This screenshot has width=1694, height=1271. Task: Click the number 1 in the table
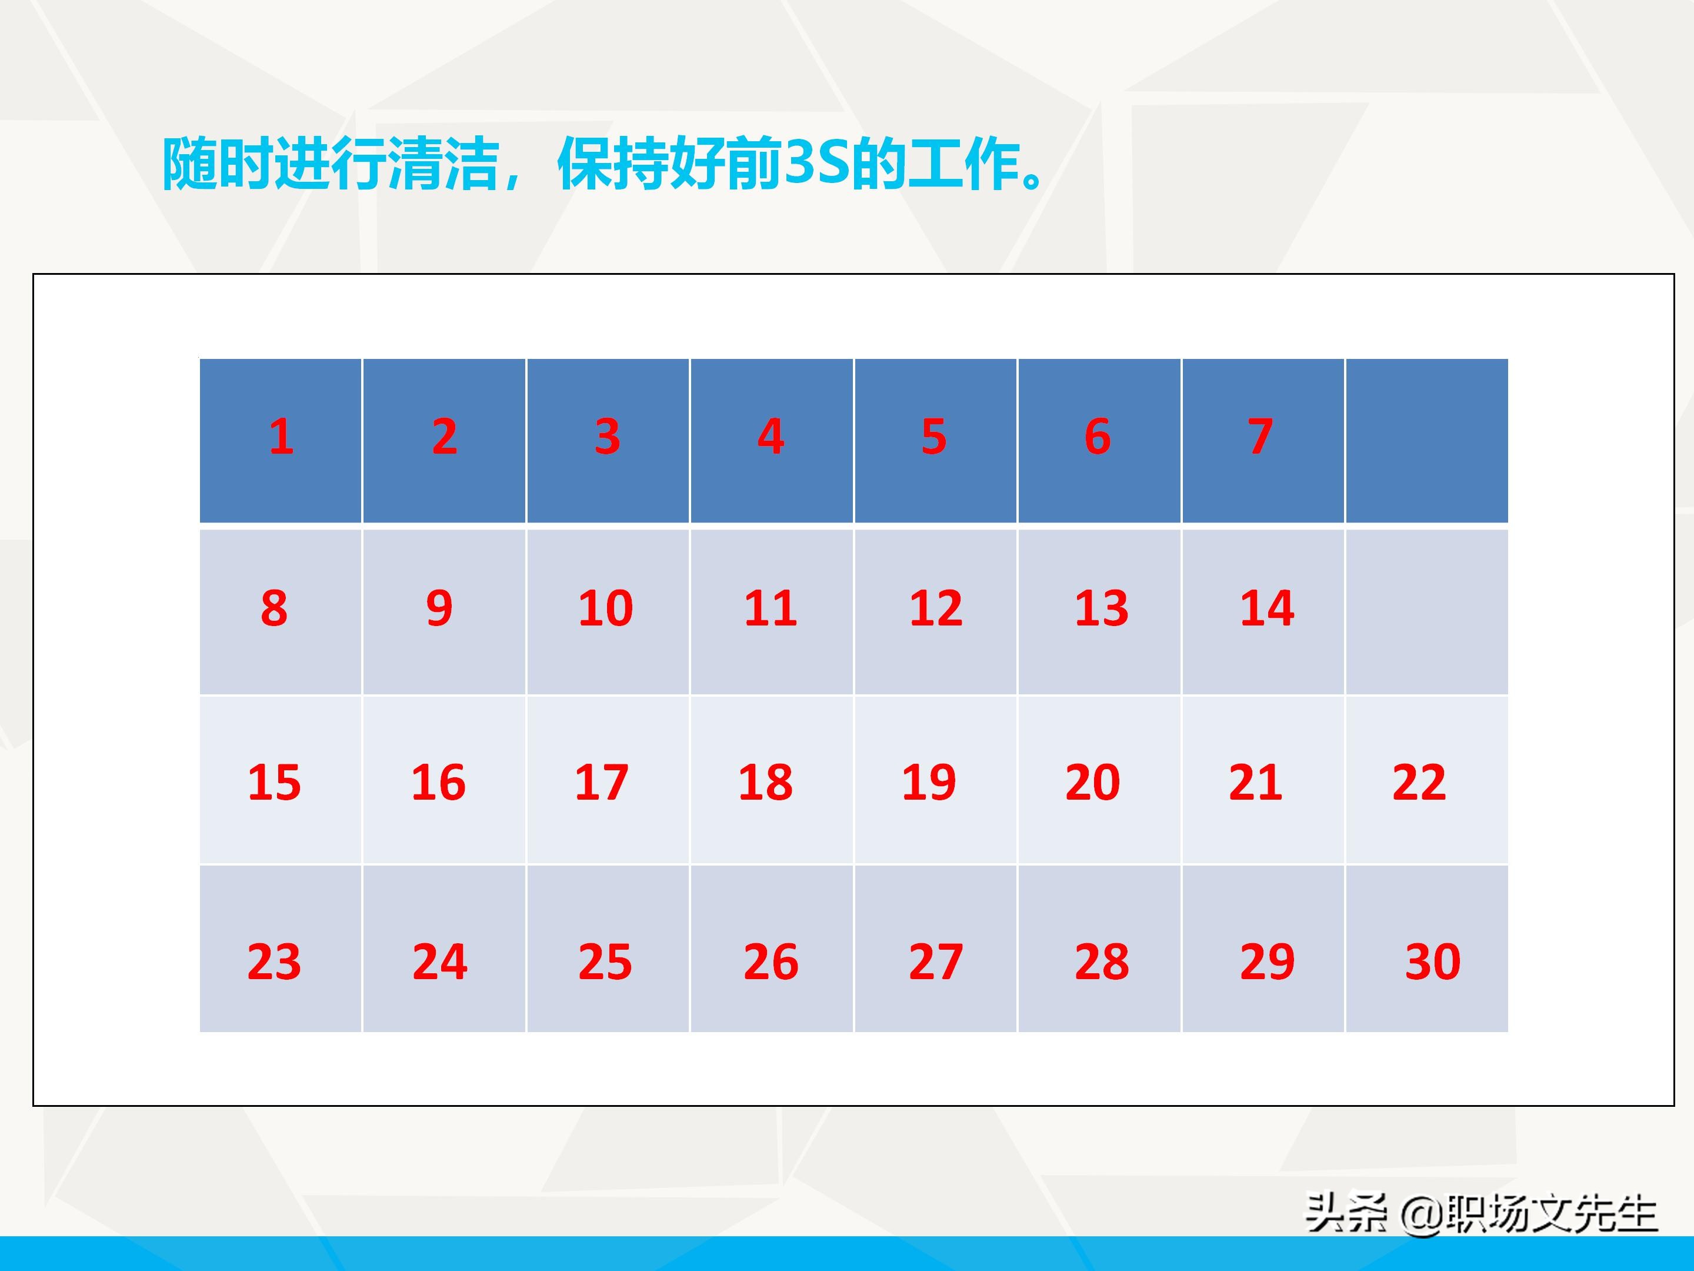281,437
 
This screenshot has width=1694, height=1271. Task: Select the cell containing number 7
1261,437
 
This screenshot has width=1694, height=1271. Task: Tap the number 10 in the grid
606,609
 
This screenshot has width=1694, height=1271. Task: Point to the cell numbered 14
1266,609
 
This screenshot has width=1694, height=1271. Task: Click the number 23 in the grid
274,961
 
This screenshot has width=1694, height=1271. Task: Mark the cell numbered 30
1432,961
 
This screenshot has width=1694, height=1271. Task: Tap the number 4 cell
771,437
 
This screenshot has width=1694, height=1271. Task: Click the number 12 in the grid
936,609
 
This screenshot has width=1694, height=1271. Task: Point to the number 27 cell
936,961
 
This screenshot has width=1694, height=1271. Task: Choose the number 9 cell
439,609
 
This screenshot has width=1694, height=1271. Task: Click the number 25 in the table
605,961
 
